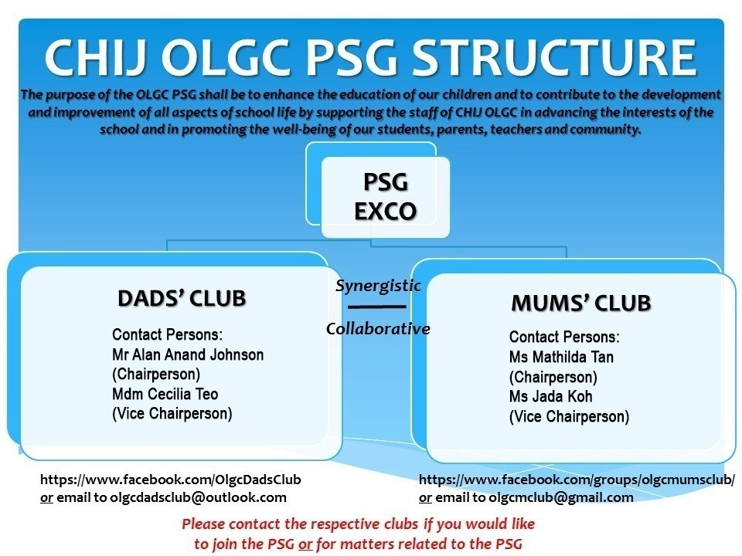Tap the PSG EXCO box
tap(385, 197)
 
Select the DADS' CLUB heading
tap(182, 298)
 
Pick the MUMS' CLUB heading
tap(581, 303)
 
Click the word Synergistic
tap(378, 286)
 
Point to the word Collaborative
tap(378, 329)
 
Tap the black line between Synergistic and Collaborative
tap(377, 307)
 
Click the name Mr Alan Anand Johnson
tap(188, 354)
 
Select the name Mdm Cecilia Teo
tap(165, 394)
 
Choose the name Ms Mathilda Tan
tap(561, 357)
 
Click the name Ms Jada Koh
tap(551, 396)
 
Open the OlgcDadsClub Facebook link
tap(170, 480)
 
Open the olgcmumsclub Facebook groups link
tap(577, 480)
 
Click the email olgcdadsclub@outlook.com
tap(199, 497)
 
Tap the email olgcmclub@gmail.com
tap(561, 497)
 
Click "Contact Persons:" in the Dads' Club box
tap(167, 334)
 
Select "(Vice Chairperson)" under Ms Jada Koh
tap(570, 416)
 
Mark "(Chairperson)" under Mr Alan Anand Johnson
tap(156, 375)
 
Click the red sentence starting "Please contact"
tap(358, 534)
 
